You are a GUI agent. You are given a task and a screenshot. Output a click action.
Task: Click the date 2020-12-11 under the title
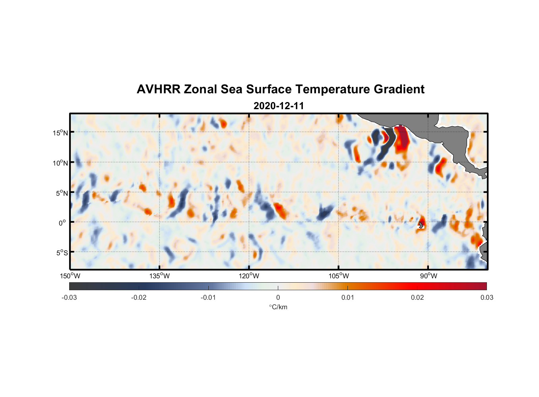pos(279,106)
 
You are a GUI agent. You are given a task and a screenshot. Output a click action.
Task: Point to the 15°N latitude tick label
pos(60,133)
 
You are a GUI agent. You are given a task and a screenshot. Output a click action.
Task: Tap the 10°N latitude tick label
pos(60,163)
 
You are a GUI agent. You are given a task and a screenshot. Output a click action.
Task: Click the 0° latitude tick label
pos(62,223)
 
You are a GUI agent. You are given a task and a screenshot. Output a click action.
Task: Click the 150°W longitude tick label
pos(70,276)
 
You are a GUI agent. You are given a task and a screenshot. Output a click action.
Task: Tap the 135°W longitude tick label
pos(160,276)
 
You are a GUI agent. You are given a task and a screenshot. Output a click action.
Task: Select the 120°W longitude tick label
pos(249,276)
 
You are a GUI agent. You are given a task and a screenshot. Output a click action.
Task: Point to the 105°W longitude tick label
pos(339,276)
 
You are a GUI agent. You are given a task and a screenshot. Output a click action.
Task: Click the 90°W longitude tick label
pos(428,276)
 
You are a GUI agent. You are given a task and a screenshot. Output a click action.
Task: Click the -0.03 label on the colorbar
pos(69,298)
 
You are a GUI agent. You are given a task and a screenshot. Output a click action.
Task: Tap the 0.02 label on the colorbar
pos(417,298)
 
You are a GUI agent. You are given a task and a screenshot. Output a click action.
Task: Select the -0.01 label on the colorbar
pos(208,298)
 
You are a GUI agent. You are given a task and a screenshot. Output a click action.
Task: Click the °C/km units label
pos(278,307)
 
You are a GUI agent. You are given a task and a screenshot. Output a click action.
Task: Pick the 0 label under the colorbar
pos(278,298)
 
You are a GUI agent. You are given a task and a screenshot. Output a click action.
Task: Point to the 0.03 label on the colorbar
pos(487,298)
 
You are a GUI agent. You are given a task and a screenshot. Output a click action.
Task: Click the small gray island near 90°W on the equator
pos(421,225)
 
